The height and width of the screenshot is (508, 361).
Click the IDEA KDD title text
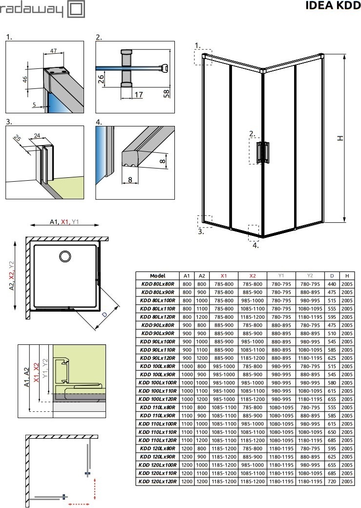(x=333, y=6)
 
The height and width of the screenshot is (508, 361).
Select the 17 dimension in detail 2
(x=139, y=94)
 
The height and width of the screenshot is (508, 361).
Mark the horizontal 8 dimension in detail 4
(x=130, y=180)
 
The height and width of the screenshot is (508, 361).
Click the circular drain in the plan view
(x=64, y=256)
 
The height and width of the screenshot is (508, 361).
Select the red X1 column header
(x=224, y=275)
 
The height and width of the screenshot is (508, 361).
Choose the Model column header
(x=157, y=275)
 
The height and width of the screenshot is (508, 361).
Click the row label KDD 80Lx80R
(x=157, y=283)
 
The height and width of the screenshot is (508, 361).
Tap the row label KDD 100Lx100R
(x=157, y=382)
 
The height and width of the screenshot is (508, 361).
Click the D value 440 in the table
(x=332, y=283)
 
